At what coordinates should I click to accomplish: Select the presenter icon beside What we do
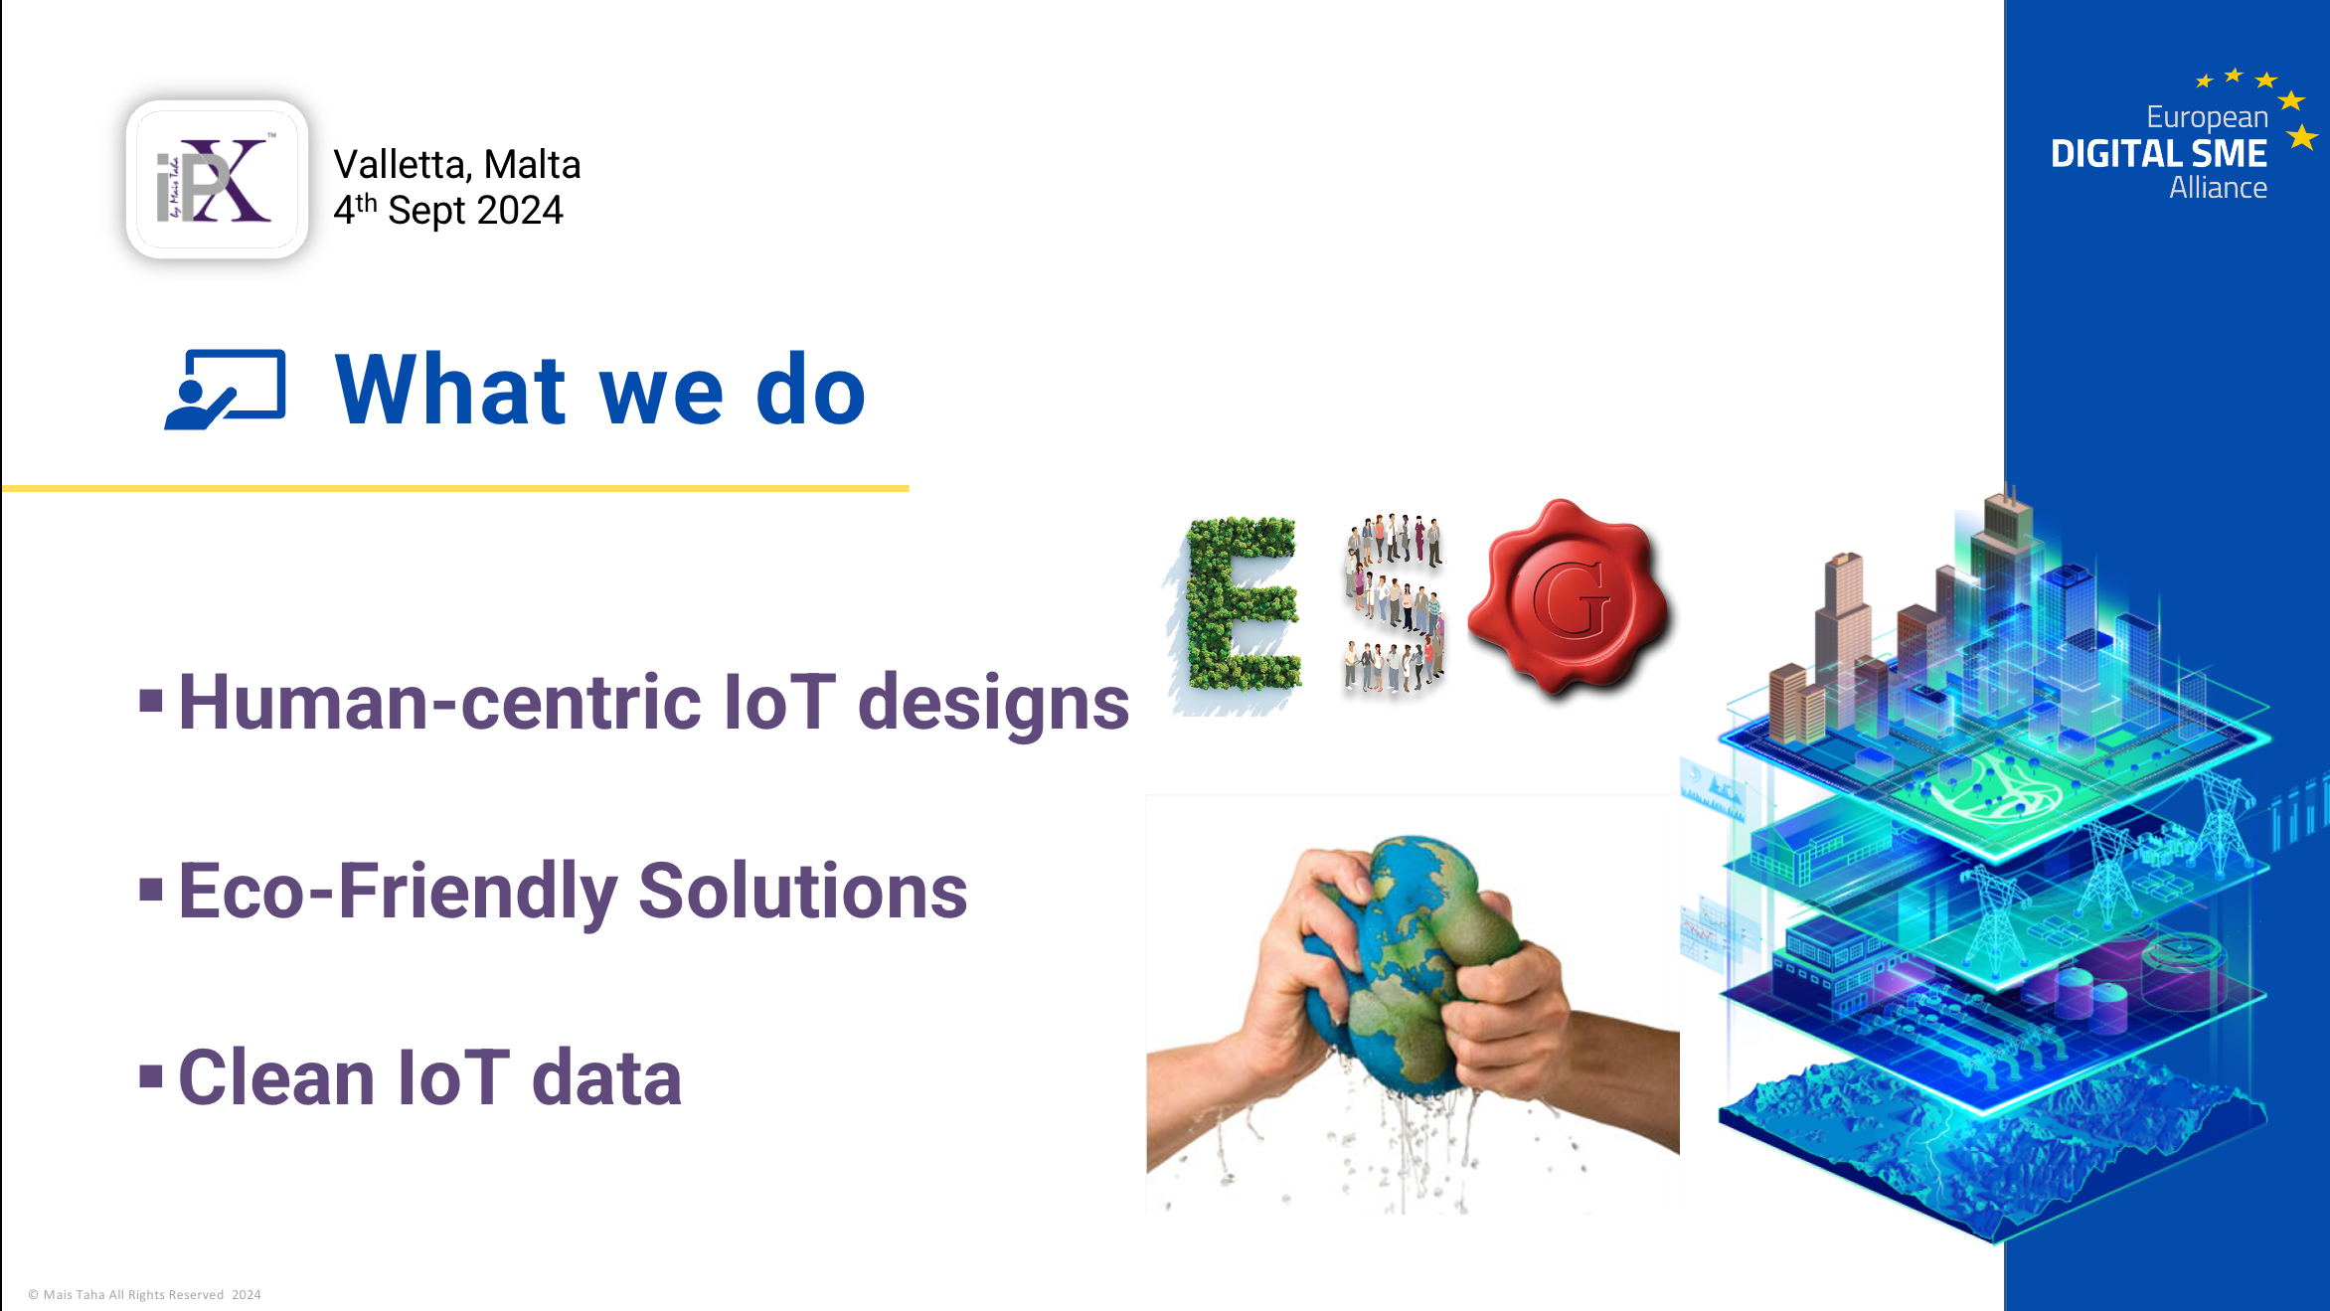click(x=226, y=390)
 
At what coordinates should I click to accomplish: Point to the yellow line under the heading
click(x=455, y=488)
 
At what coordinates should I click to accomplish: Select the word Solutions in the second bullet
click(x=803, y=891)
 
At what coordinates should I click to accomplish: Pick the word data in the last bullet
click(x=607, y=1078)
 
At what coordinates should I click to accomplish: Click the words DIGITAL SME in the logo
click(x=2159, y=154)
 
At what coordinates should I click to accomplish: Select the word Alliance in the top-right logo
click(x=2218, y=188)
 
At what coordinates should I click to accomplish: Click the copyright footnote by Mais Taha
click(x=144, y=1294)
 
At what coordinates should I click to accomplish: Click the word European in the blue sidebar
click(x=2207, y=117)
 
